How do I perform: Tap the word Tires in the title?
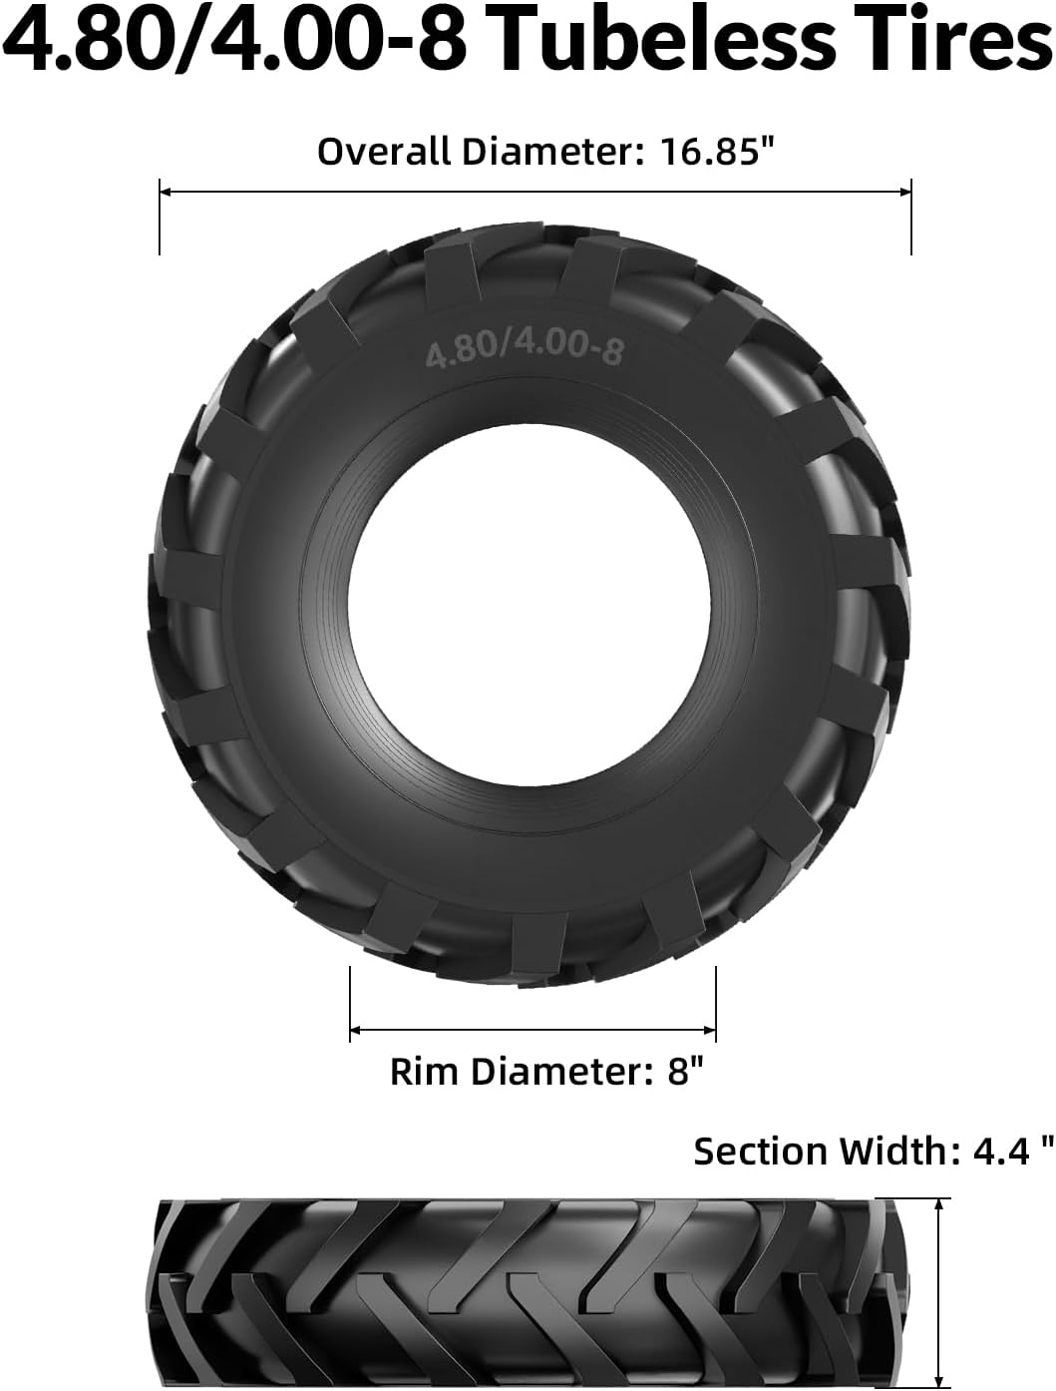[959, 43]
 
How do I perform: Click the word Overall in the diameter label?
[384, 152]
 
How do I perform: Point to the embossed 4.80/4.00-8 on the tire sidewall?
[524, 351]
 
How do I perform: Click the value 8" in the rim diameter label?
[685, 1072]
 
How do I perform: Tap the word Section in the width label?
[761, 1151]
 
